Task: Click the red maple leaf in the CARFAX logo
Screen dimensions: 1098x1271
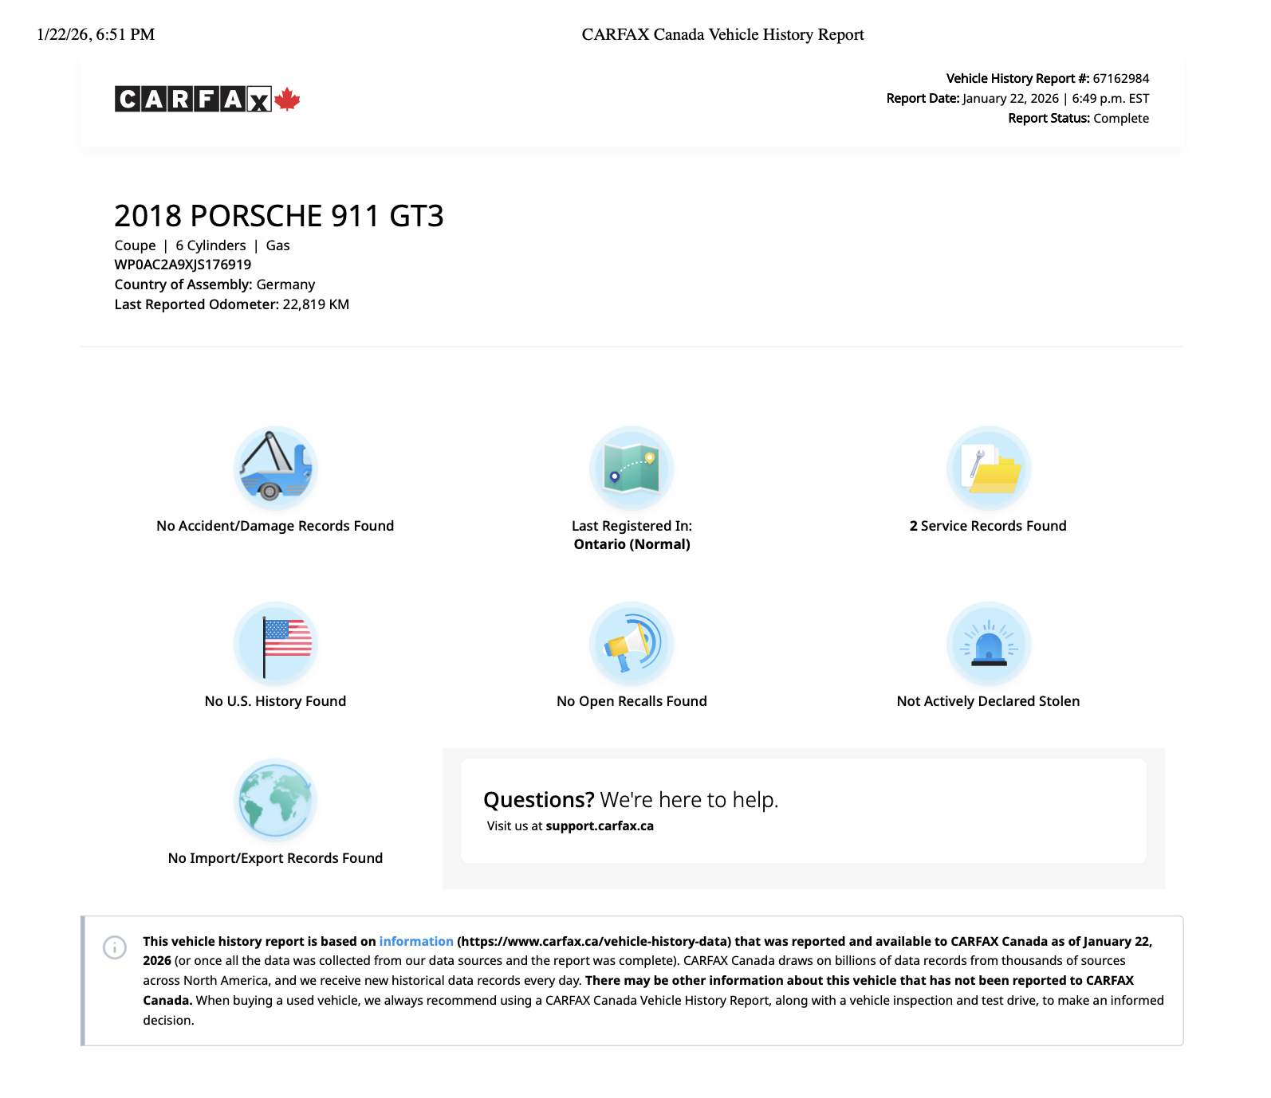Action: pos(287,99)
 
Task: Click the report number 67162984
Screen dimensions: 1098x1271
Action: pos(1120,78)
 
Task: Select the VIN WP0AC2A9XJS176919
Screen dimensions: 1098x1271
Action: pos(183,265)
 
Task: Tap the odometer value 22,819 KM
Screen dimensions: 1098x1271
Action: pos(316,304)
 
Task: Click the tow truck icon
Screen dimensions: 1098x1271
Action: pos(275,468)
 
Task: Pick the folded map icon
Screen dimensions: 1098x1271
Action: pos(632,468)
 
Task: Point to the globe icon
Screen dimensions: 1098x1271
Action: pos(275,800)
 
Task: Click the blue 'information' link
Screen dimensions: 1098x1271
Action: pos(416,941)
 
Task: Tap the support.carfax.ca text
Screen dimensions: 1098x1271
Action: pos(600,825)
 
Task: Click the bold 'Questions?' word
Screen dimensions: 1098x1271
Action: pos(539,799)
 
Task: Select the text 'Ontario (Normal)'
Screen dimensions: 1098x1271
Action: pos(632,544)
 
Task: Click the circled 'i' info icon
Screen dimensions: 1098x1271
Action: pos(115,947)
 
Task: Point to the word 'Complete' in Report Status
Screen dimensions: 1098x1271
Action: pos(1120,118)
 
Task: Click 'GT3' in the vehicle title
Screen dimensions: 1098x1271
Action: pos(416,216)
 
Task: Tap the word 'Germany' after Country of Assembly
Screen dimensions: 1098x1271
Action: pos(285,284)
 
